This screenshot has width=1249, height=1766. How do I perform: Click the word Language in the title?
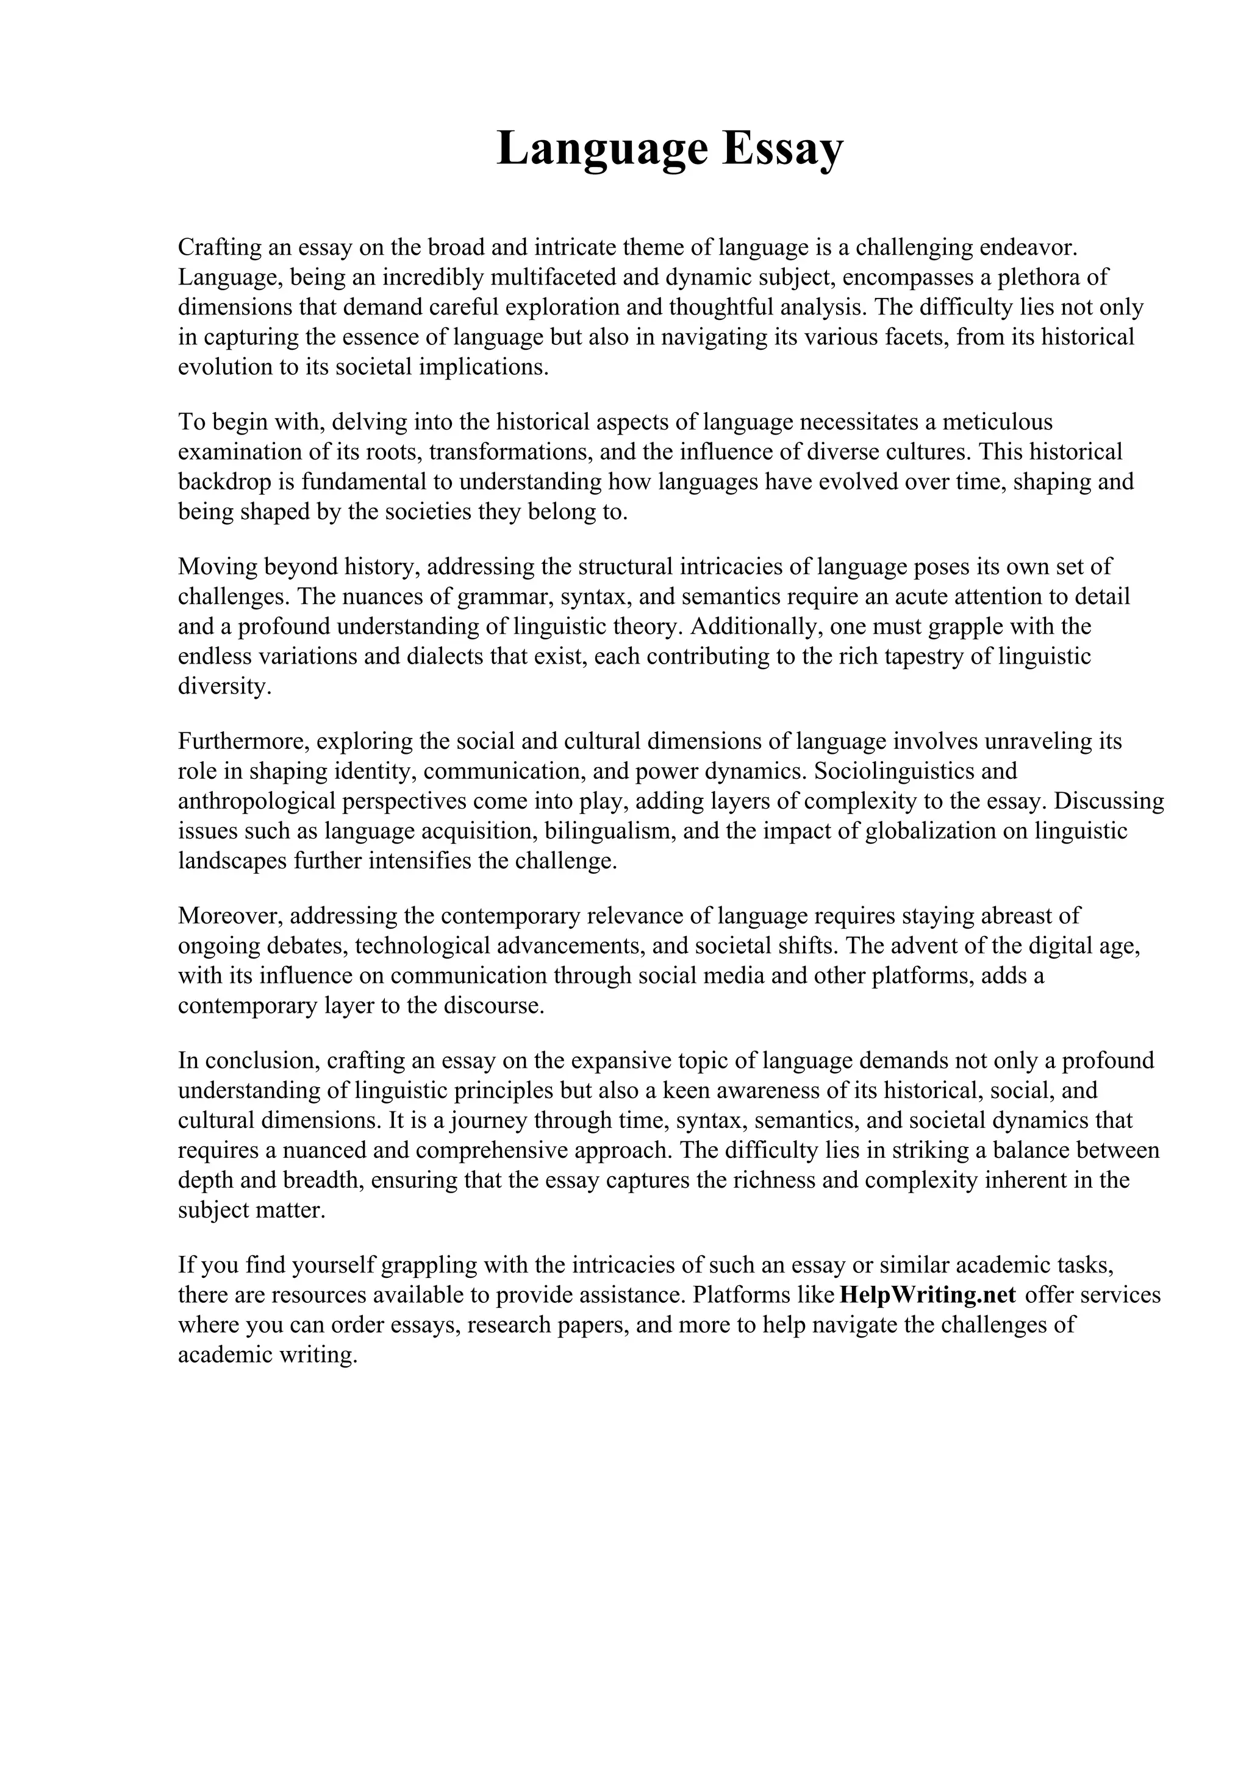[x=601, y=149]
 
